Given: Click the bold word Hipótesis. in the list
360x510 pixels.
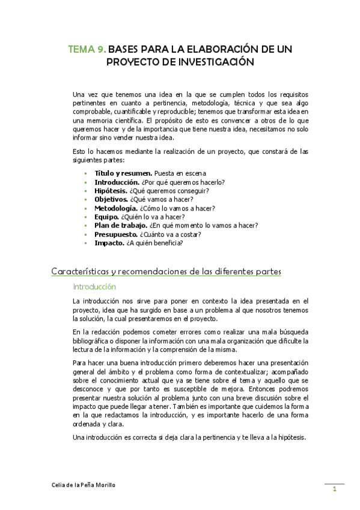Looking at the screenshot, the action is [111, 191].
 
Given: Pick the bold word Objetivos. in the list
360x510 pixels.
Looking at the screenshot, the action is [111, 200].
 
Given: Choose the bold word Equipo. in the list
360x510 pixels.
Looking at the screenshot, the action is [107, 217].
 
